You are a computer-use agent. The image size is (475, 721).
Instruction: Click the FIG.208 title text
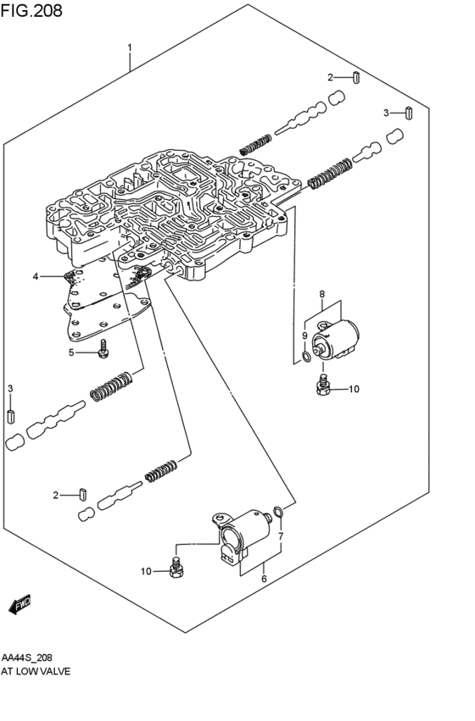(x=31, y=10)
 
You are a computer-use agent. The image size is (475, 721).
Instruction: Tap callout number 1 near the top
(x=130, y=47)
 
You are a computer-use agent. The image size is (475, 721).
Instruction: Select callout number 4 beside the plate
(x=36, y=276)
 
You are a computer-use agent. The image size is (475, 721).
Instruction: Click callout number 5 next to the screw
(x=71, y=352)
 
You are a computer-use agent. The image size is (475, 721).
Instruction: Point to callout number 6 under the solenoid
(x=264, y=579)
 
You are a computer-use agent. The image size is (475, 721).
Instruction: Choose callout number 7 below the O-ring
(x=281, y=535)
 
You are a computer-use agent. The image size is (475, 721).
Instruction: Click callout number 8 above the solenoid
(x=321, y=294)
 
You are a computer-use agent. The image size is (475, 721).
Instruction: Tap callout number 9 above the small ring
(x=305, y=336)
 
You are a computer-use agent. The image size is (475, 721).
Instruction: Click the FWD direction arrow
(x=20, y=606)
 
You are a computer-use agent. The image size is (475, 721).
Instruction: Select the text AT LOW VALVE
(x=36, y=671)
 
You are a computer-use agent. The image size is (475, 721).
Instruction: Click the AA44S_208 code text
(x=26, y=657)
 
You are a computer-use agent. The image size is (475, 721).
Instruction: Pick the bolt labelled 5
(x=104, y=348)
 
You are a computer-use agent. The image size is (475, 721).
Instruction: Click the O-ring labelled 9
(x=305, y=356)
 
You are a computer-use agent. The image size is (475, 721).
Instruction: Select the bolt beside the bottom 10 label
(x=176, y=568)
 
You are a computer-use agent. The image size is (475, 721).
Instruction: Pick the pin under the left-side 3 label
(x=10, y=416)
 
